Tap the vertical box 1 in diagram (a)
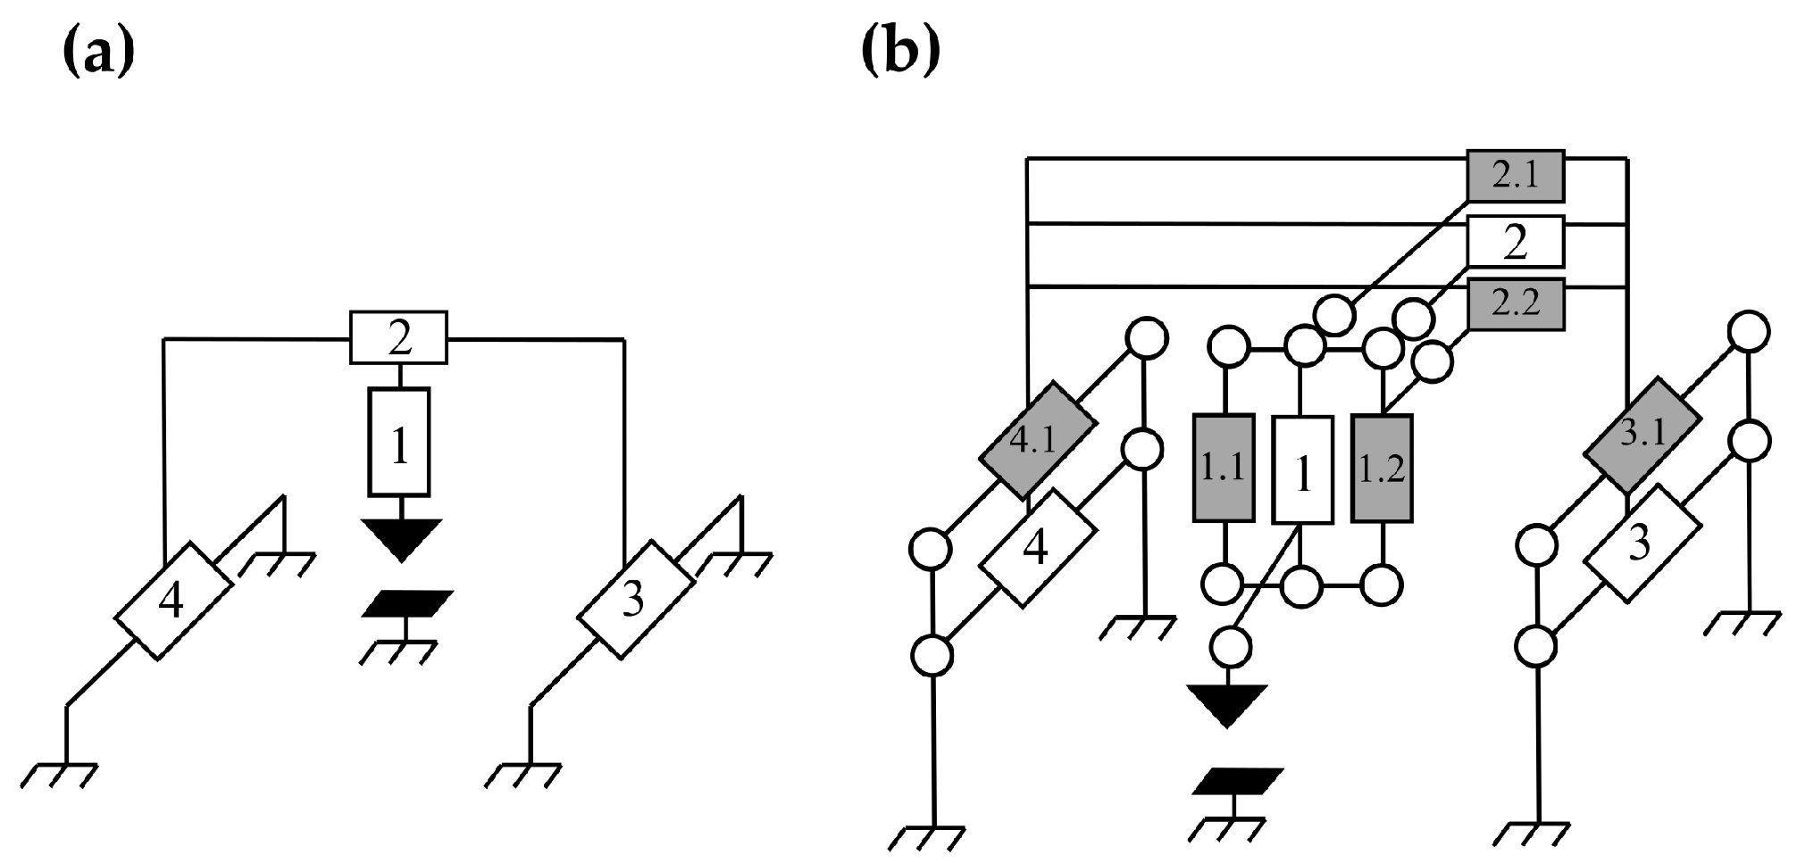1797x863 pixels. point(399,443)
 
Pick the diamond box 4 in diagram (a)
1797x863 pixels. point(173,600)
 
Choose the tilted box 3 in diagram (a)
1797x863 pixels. point(635,600)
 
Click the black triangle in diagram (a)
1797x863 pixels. point(401,538)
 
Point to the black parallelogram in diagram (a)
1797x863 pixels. point(407,603)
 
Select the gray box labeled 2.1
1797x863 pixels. point(1516,178)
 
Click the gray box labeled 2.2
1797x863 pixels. point(1516,305)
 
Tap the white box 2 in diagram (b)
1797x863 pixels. point(1516,242)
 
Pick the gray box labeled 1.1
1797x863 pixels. point(1223,468)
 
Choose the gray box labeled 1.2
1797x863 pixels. point(1382,468)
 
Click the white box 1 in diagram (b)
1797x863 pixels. point(1302,469)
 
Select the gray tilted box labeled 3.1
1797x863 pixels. point(1642,436)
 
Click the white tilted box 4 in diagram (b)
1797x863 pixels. point(1038,548)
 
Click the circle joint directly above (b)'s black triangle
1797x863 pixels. point(1230,645)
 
